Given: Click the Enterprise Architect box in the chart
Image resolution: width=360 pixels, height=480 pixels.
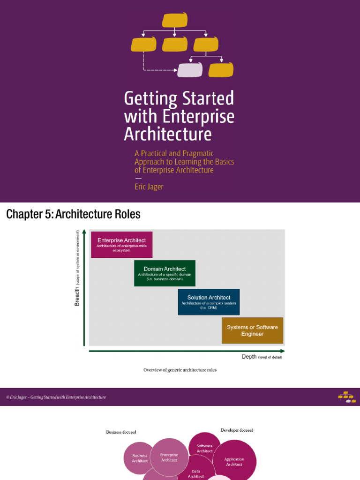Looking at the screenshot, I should coord(121,244).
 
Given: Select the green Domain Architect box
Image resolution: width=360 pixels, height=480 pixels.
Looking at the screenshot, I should coord(165,273).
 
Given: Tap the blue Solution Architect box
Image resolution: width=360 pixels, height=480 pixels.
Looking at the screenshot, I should coord(209,301).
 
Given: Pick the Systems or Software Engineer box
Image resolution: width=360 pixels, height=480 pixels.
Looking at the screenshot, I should coord(252,330).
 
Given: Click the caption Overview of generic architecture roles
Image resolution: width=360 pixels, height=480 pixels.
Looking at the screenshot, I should coord(180,370).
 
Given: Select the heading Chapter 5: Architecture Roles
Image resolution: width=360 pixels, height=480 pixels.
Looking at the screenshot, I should coord(73,215).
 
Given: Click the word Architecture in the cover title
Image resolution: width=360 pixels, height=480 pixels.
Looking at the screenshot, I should coord(168,134).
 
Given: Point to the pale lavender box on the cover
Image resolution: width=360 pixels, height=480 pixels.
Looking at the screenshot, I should coord(190,70).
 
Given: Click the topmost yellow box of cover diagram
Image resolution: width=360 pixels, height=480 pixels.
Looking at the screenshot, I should coord(175,20).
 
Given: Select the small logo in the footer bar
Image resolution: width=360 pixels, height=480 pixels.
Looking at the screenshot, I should coord(346,397).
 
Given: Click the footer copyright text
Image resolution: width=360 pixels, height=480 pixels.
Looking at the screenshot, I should coord(56,397).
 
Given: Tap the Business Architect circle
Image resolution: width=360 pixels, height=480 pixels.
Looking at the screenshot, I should coord(139,458).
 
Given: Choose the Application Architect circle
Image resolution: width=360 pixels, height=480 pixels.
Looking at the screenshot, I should coord(234,462).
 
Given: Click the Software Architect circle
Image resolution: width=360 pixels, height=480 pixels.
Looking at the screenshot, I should coord(204,448).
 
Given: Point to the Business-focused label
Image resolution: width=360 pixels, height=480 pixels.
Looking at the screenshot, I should coord(121,432).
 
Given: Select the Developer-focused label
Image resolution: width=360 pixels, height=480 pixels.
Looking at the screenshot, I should coord(237,430).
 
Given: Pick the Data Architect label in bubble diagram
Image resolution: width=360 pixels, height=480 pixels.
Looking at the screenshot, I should coord(196,474).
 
